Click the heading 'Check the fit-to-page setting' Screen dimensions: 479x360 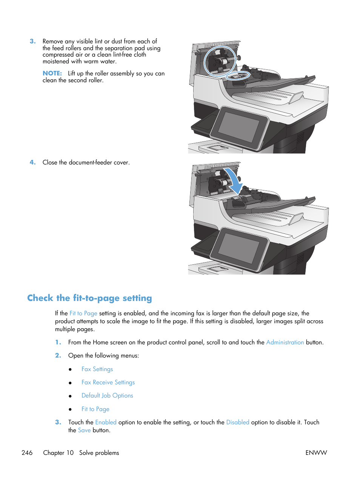pyautogui.click(x=89, y=298)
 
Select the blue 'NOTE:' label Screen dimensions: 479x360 pyautogui.click(x=52, y=74)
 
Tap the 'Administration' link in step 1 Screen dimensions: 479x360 pyautogui.click(x=285, y=342)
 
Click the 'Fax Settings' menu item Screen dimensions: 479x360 pyautogui.click(x=97, y=369)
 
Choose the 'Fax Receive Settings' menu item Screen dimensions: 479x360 pyautogui.click(x=108, y=382)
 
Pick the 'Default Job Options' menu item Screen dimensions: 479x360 pyautogui.click(x=107, y=396)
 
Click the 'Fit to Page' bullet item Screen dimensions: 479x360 pyautogui.click(x=95, y=409)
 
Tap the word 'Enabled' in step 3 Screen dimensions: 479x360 pyautogui.click(x=106, y=422)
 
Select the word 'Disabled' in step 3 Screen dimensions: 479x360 pyautogui.click(x=238, y=422)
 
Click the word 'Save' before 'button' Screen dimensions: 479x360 pyautogui.click(x=84, y=430)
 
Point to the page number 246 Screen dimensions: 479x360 pyautogui.click(x=27, y=453)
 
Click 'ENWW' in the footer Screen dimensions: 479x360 pyautogui.click(x=316, y=453)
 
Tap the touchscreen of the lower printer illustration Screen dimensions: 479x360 pyautogui.click(x=239, y=248)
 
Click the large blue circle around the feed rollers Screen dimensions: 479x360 pyautogui.click(x=220, y=61)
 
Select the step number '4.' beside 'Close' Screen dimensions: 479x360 pyautogui.click(x=33, y=163)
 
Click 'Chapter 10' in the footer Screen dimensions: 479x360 pyautogui.click(x=58, y=453)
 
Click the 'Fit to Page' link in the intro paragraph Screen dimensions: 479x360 pyautogui.click(x=83, y=313)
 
